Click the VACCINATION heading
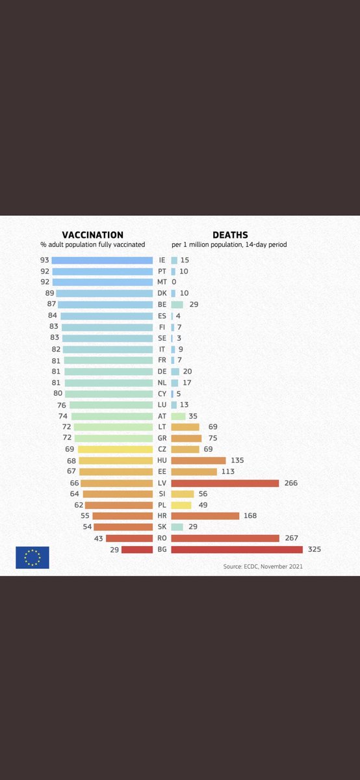coord(92,235)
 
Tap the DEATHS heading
coord(230,235)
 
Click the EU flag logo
coord(32,558)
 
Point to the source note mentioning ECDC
coord(263,566)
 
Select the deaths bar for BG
coord(237,549)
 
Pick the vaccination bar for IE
coord(102,260)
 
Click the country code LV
coord(162,483)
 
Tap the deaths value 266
coord(291,483)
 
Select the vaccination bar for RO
coord(129,538)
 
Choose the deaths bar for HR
coord(205,516)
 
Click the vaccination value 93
coord(44,260)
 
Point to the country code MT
coord(162,282)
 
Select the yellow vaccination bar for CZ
coord(115,449)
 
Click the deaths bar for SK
coord(177,527)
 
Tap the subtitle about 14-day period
coord(229,245)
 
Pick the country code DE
coord(162,371)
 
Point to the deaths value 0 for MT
coord(174,282)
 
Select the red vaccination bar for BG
coord(137,549)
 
